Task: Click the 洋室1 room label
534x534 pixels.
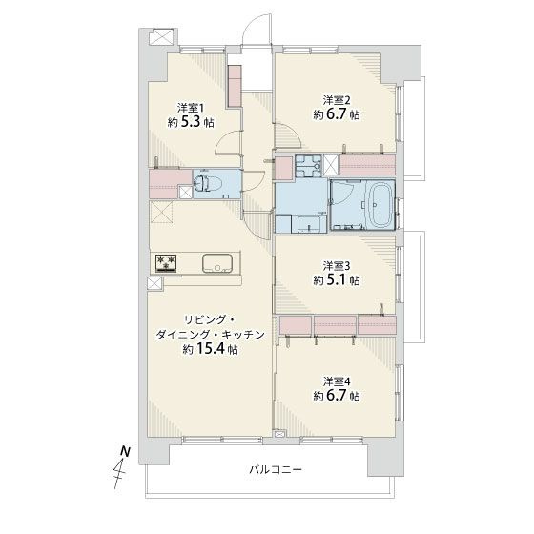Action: coord(190,109)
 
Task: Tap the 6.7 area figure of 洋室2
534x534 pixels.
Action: coord(339,114)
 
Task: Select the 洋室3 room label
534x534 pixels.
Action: coord(336,265)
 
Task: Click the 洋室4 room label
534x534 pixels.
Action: coord(336,381)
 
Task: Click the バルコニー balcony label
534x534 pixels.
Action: coord(276,470)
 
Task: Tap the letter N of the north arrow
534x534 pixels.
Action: coord(126,452)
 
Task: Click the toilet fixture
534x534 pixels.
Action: coord(208,184)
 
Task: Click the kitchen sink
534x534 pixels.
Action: coord(218,263)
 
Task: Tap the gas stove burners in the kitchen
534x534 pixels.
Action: coord(166,263)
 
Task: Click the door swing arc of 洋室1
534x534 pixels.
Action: coord(224,139)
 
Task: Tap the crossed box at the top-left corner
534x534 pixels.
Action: coord(162,36)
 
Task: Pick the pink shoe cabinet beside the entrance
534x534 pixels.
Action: coord(235,87)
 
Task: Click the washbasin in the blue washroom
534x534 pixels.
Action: coord(309,224)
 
